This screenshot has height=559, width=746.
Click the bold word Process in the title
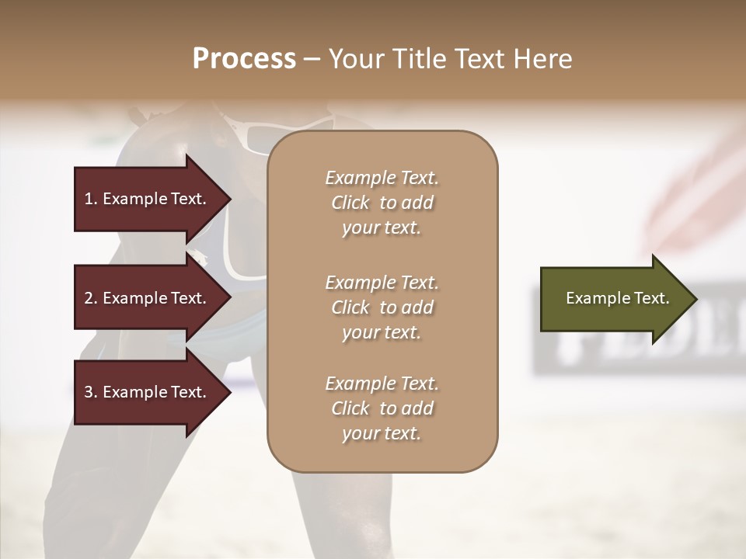[244, 58]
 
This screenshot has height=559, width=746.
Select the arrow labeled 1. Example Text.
[145, 199]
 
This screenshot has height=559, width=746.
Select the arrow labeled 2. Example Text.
[145, 298]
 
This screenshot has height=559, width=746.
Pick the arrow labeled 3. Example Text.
[145, 392]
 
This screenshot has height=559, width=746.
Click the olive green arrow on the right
[614, 299]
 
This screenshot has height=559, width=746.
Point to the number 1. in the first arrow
[91, 199]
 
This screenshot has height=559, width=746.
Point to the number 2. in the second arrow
[91, 298]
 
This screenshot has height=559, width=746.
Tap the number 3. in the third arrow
[91, 392]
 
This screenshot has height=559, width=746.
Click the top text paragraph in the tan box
[382, 203]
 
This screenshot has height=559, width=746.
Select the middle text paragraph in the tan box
[382, 307]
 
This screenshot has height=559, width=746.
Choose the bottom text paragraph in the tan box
[382, 408]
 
